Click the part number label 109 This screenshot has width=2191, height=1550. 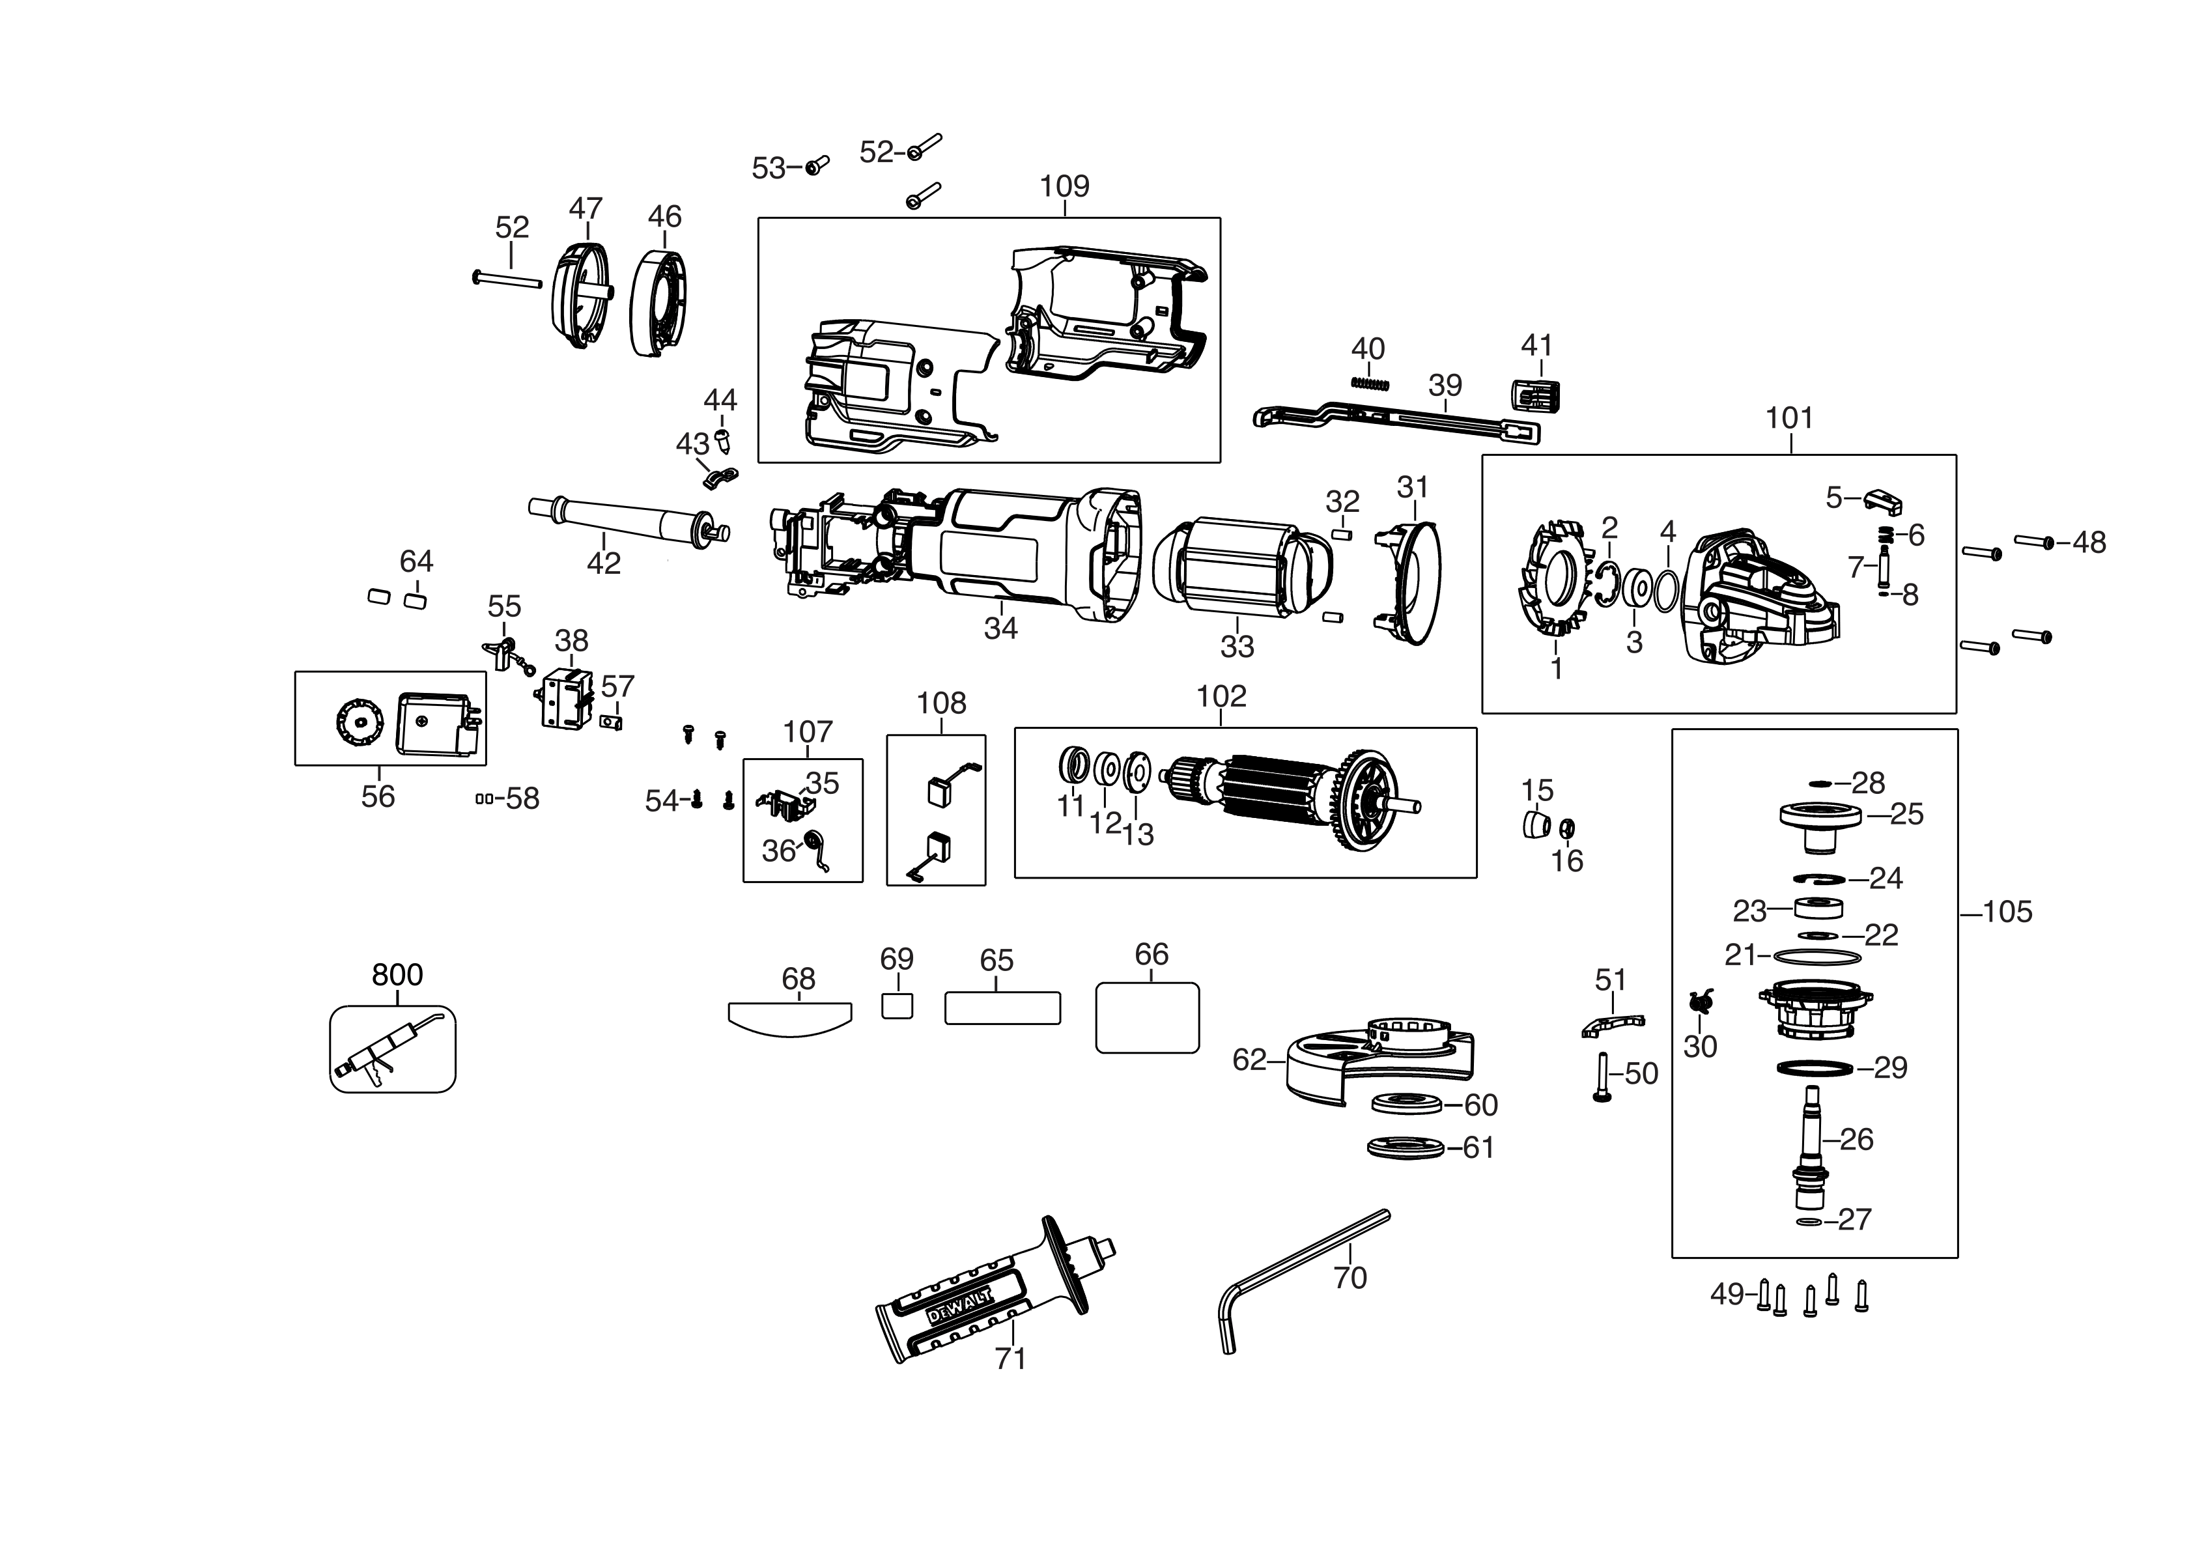pyautogui.click(x=1064, y=186)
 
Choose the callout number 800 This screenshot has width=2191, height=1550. pyautogui.click(x=397, y=974)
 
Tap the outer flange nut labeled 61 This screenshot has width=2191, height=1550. pyautogui.click(x=1406, y=1148)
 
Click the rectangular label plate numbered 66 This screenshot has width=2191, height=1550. pyautogui.click(x=1147, y=1019)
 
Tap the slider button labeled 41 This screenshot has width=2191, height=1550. pyautogui.click(x=1535, y=396)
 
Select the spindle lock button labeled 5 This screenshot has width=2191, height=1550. pyautogui.click(x=1884, y=499)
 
